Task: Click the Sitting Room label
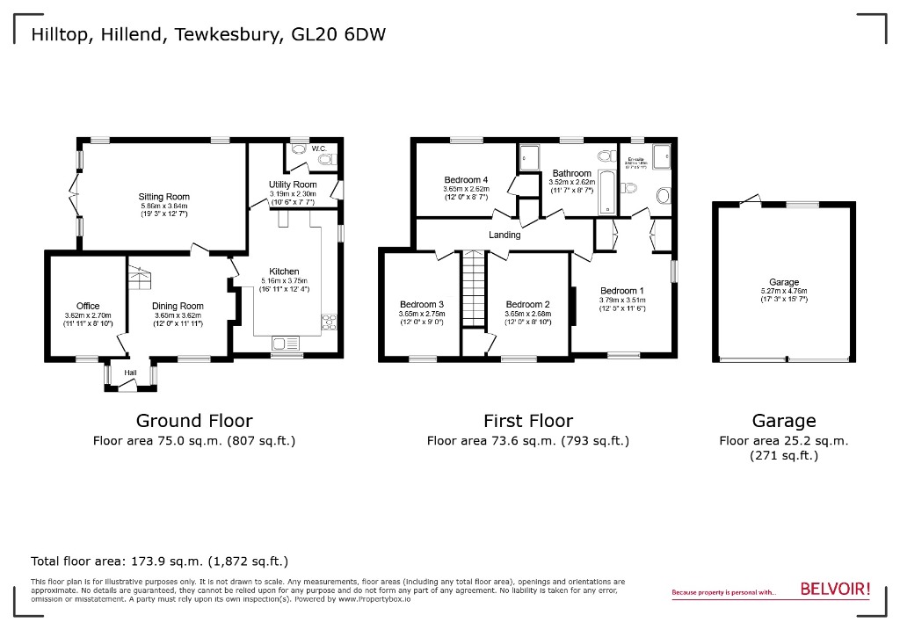pos(163,197)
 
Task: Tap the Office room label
pos(88,306)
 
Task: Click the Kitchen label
pos(284,272)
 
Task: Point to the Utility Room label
pos(292,185)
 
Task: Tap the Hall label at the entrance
pos(130,373)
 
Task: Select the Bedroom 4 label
pos(465,179)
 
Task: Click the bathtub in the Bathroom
pos(606,192)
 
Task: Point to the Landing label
pos(504,235)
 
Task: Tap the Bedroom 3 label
pos(421,304)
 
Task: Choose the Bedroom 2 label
pos(527,304)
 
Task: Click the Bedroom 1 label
pos(621,290)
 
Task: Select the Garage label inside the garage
pos(784,282)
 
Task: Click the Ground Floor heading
pos(194,421)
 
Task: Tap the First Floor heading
pos(527,421)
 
